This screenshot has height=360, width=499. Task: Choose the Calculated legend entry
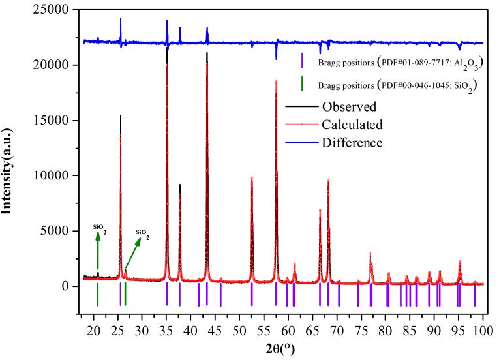tap(352, 125)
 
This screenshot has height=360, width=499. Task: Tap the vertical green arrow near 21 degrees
tap(98, 251)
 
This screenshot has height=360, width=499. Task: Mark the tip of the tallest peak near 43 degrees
tap(207, 53)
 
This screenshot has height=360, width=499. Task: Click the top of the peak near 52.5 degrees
tap(252, 177)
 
